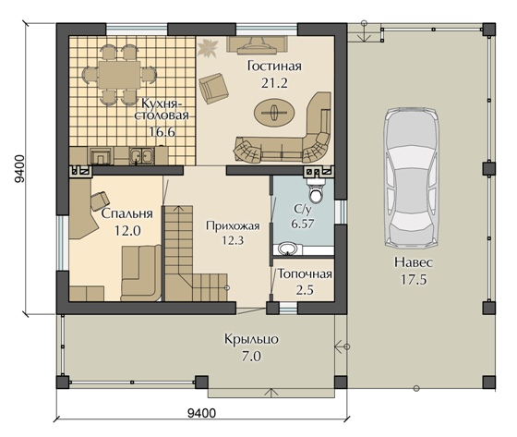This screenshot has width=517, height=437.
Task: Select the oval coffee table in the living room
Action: click(274, 112)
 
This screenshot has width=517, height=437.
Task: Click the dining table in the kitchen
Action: click(119, 74)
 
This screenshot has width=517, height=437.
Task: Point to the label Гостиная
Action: click(274, 66)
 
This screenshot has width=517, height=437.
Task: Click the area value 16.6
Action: click(162, 132)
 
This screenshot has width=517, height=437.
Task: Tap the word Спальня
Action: click(127, 213)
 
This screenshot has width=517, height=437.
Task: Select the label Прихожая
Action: click(233, 226)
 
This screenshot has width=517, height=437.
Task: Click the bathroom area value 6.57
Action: click(303, 224)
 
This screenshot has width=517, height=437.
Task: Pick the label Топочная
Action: click(305, 274)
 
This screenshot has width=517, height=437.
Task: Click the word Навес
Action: click(414, 262)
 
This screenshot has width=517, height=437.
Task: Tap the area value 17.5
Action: click(414, 280)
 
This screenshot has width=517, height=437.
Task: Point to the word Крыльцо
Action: click(251, 339)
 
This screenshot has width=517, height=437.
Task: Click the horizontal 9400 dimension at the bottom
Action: click(201, 413)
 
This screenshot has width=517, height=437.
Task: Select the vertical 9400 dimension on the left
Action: click(19, 169)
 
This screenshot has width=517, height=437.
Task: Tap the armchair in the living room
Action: click(213, 88)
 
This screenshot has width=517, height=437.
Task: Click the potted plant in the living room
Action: click(208, 47)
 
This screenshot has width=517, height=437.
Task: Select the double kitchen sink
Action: click(141, 155)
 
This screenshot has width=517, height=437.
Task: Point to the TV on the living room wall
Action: click(257, 44)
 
